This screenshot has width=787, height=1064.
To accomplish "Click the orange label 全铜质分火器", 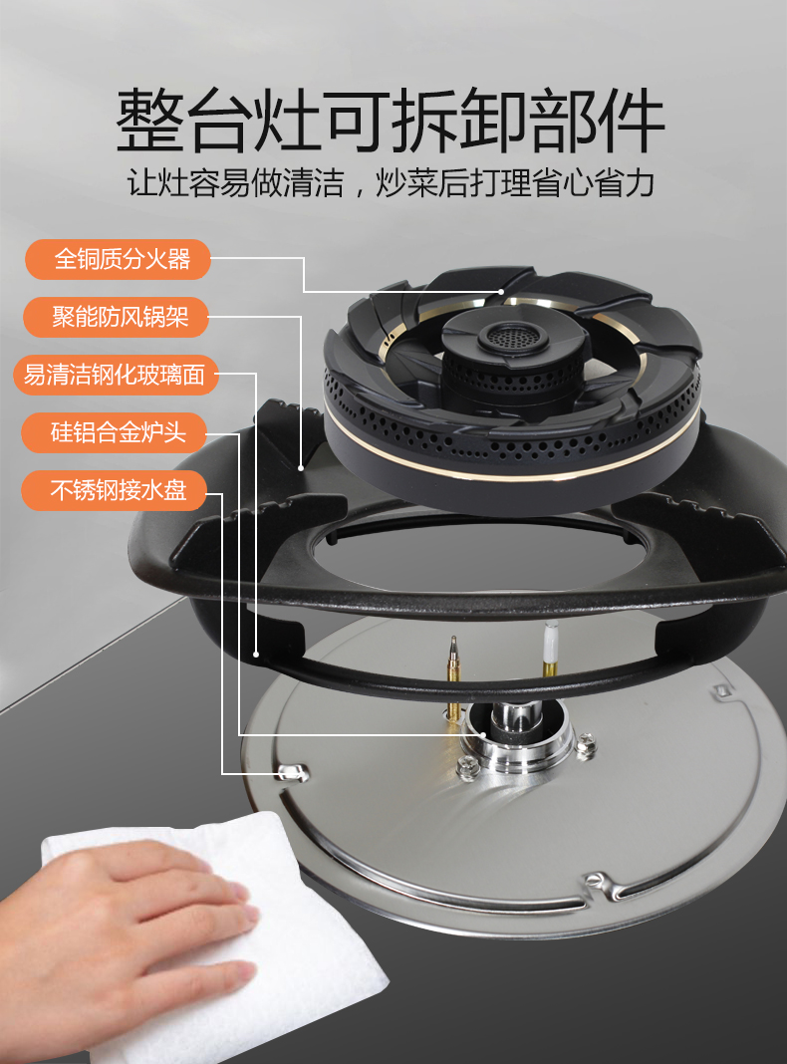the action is [x=118, y=259].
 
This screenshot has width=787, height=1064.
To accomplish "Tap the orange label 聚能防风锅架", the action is [x=116, y=317].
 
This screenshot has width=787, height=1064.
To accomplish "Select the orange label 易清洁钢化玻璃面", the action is [x=116, y=375].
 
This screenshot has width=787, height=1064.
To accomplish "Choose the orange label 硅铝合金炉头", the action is [x=114, y=433].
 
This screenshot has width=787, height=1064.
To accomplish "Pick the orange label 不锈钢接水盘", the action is [x=114, y=490].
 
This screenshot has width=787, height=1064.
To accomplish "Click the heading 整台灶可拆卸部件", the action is [x=391, y=121].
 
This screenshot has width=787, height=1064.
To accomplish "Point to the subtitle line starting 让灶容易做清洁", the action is [x=391, y=182].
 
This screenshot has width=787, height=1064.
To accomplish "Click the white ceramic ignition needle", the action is [x=551, y=648].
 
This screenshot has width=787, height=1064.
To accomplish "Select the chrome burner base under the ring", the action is [x=518, y=736].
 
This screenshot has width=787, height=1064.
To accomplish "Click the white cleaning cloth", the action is [x=217, y=936].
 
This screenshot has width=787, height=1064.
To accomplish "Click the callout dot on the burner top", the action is [x=501, y=291].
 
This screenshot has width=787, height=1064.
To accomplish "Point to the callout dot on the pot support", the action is [x=301, y=468].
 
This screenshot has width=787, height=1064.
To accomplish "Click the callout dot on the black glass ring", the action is [x=256, y=655].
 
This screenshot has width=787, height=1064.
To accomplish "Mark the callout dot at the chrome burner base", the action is [x=483, y=735].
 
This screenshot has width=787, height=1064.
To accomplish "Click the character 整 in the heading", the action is [x=150, y=121].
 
